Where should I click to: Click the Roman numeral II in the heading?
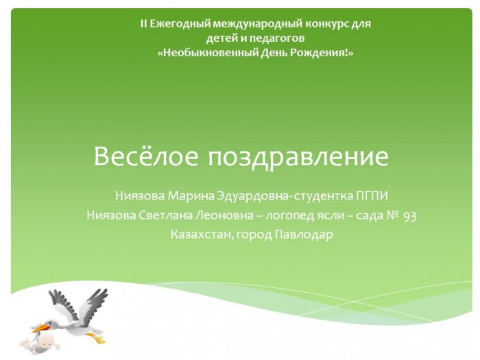143,23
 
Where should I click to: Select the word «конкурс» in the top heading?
326,24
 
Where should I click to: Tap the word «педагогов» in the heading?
277,38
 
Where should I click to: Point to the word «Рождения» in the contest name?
319,53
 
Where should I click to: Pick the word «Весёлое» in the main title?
146,156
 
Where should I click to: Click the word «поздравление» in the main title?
298,158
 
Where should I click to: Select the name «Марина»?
191,195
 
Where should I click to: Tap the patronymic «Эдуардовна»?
252,196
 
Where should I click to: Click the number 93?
410,216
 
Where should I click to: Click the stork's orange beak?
40,328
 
